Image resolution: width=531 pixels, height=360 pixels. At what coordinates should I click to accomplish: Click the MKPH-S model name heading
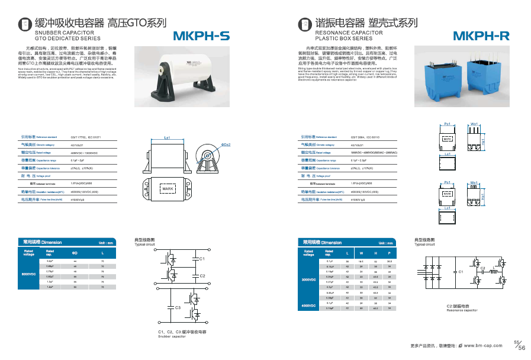(x=201, y=36)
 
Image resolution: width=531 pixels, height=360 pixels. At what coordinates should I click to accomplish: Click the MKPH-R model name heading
(x=484, y=36)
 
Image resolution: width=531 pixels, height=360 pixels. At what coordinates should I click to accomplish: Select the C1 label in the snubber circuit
(x=202, y=259)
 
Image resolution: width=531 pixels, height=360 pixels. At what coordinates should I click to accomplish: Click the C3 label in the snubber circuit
(x=178, y=308)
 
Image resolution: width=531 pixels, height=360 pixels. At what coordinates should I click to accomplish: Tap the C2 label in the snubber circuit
(x=202, y=276)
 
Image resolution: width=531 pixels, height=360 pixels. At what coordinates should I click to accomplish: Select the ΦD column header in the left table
(x=75, y=252)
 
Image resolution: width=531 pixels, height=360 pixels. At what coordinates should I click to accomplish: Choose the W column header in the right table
(x=361, y=252)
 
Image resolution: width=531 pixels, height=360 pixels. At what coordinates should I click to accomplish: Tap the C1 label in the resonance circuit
(x=461, y=271)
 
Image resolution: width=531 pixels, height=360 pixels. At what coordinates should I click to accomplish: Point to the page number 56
(x=522, y=348)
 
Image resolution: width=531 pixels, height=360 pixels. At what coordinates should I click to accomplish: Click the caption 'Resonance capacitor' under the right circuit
(x=462, y=310)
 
